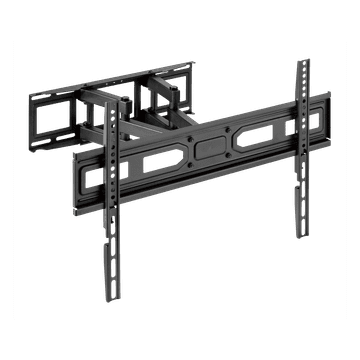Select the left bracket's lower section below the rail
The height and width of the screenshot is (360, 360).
[107, 250]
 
